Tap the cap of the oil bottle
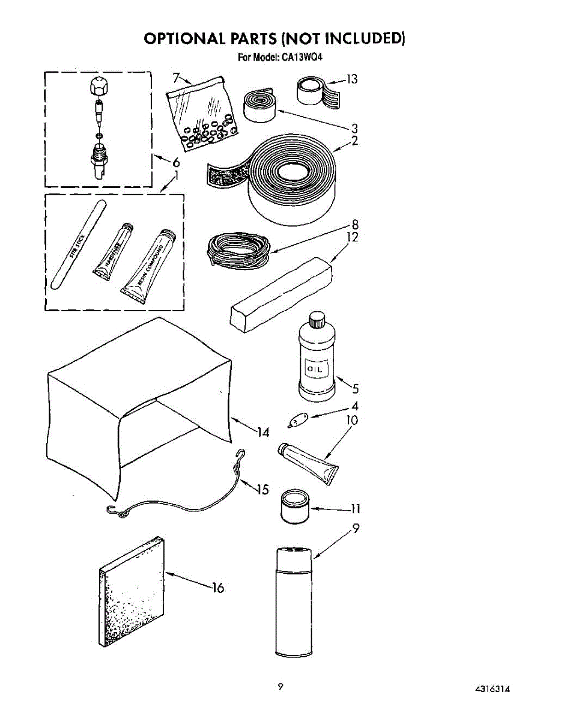[316, 320]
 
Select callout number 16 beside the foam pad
[217, 588]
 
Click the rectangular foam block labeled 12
[281, 294]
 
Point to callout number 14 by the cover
[262, 431]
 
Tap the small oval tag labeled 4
[297, 419]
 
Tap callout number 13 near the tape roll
[352, 79]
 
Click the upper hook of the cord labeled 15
[241, 457]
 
